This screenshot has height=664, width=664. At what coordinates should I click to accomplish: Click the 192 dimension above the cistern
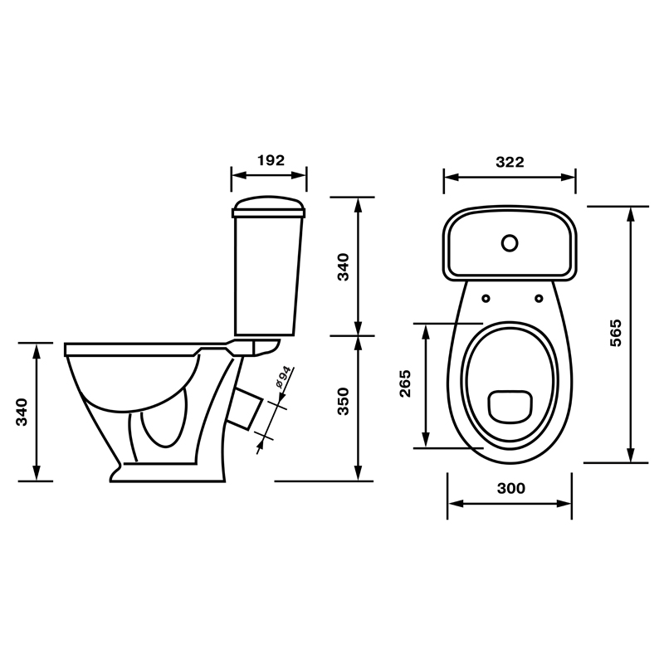pyautogui.click(x=271, y=160)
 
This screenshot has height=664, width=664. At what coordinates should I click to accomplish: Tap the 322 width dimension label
pyautogui.click(x=510, y=162)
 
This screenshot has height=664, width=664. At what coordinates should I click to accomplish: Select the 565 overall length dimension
pyautogui.click(x=616, y=333)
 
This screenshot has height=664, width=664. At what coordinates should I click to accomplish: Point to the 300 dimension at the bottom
pyautogui.click(x=511, y=488)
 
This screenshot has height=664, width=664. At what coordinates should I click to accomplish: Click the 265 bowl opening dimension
pyautogui.click(x=405, y=383)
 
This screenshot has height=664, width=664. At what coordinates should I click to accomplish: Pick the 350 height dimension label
pyautogui.click(x=343, y=402)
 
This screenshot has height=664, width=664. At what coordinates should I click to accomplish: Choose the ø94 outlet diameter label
pyautogui.click(x=283, y=377)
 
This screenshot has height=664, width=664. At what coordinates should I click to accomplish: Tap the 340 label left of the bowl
pyautogui.click(x=22, y=412)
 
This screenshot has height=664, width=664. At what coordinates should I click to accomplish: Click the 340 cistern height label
pyautogui.click(x=343, y=266)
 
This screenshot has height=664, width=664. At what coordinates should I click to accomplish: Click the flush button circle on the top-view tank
pyautogui.click(x=510, y=243)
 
